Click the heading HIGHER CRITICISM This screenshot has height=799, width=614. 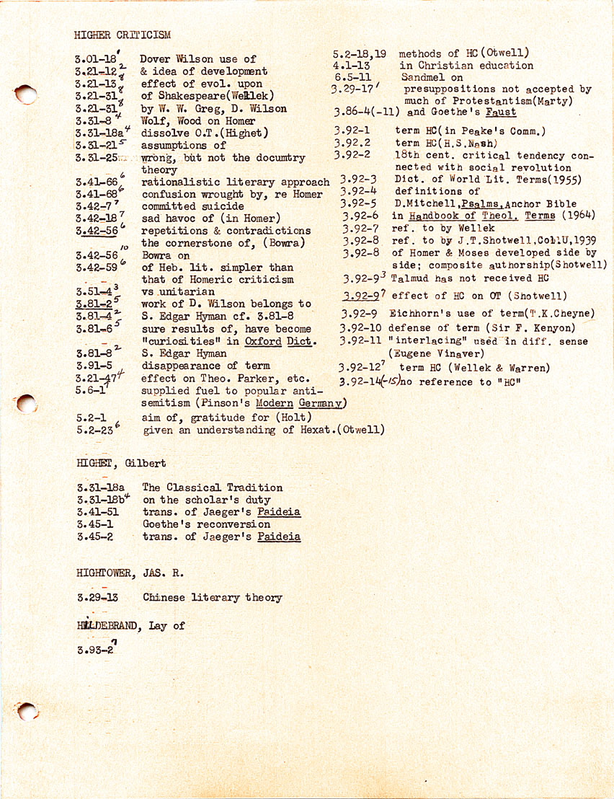click(x=122, y=34)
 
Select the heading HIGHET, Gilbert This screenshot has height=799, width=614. click(x=121, y=463)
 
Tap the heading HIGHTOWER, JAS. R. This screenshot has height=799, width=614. click(x=130, y=573)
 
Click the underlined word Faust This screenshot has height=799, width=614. click(x=500, y=112)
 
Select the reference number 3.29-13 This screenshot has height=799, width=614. click(x=97, y=598)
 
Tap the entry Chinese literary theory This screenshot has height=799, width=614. click(x=212, y=598)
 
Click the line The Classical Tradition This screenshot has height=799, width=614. click(x=212, y=487)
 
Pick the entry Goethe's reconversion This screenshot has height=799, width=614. click(x=206, y=524)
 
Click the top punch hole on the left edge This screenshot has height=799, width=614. click(x=25, y=94)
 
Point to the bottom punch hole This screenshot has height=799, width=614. click(x=27, y=712)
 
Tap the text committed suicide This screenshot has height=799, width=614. click(x=192, y=206)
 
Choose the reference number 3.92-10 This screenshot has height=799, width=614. click(x=363, y=328)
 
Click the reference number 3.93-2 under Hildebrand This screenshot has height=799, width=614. click(x=95, y=650)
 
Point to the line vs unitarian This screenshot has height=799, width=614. click(x=177, y=291)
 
